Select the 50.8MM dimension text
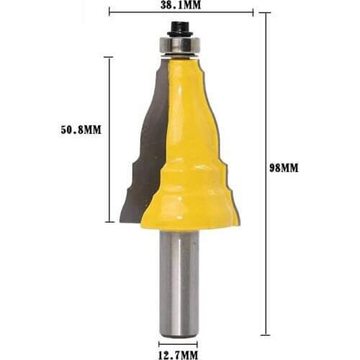81,130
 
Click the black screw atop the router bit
178,29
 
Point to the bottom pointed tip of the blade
120,221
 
